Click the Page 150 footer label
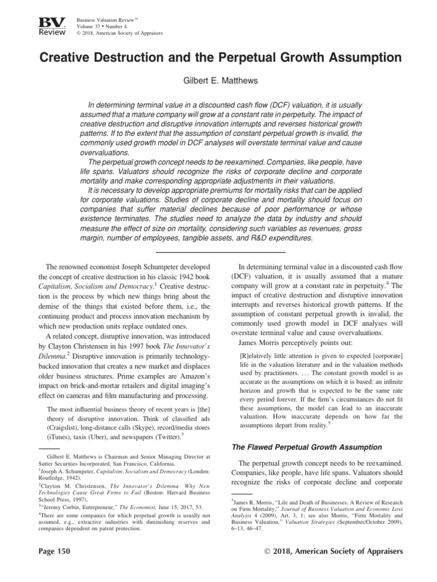[53, 551]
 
